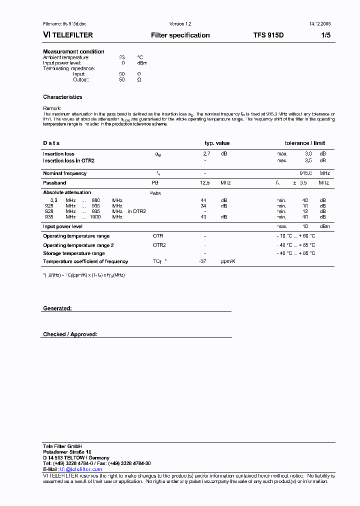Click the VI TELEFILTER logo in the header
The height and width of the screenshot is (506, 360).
pos(67,35)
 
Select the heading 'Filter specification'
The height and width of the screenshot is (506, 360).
pos(180,35)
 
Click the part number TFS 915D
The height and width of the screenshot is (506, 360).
pos(268,35)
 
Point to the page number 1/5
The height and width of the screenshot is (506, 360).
pos(325,35)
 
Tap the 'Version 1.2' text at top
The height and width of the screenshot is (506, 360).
pos(180,24)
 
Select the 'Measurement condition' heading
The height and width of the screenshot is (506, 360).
pos(73,51)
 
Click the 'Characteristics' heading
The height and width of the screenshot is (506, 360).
pos(62,97)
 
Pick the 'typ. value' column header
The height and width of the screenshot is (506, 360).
pos(217,143)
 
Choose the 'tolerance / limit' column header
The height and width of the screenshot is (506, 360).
pos(304,143)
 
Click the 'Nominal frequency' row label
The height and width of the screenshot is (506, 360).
pos(64,173)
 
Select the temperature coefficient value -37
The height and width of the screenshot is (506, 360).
pos(202,261)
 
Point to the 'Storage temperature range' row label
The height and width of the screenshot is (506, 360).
pos(73,253)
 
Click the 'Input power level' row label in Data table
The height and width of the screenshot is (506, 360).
pos(62,226)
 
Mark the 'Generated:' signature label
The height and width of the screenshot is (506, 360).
pos(57,308)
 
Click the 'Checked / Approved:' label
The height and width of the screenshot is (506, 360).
pos(70,334)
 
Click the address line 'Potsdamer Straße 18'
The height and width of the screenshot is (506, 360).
pos(67,452)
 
